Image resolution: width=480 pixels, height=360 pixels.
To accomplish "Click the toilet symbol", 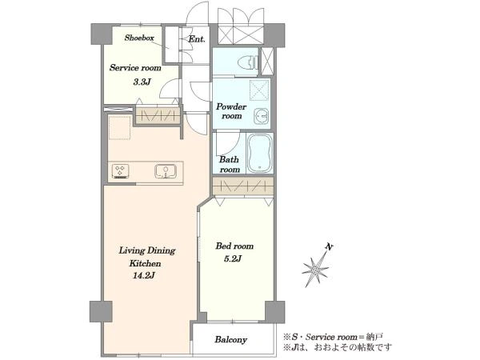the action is coord(246,62).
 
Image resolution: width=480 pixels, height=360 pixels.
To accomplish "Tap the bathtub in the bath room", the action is coord(259,154).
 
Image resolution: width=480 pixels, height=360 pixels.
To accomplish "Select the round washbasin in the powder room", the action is coord(262,116).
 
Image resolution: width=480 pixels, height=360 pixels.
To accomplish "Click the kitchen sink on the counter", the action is coord(166,171).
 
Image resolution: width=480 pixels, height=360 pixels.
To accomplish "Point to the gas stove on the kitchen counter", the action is coord(121,171).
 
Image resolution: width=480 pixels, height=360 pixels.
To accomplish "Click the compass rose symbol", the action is coord(316,270).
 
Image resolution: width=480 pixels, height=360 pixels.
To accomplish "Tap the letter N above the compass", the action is coord(329,246).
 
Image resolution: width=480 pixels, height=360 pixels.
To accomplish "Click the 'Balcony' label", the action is coord(230,339).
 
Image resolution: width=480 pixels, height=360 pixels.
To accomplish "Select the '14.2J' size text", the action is coord(143,276).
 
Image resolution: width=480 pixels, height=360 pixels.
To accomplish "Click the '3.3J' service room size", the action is coord(142,82).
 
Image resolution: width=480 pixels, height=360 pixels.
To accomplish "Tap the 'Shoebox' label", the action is coord(139,38).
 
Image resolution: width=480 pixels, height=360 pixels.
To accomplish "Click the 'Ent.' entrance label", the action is coord(197,39).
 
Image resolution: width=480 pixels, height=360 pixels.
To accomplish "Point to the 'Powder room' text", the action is coord(231,111).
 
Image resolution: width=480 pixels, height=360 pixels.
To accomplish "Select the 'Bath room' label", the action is coord(230,164).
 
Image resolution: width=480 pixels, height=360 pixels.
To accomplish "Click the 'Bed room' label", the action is coord(234,246).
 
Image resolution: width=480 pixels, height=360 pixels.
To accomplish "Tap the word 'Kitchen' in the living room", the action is coord(145,263).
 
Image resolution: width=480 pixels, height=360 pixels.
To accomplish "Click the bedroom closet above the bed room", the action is coord(243,186).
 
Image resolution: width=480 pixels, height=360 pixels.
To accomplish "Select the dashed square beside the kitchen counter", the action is coord(120,128).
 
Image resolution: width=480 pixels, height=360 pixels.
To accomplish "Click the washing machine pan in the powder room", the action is coord(259,90).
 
